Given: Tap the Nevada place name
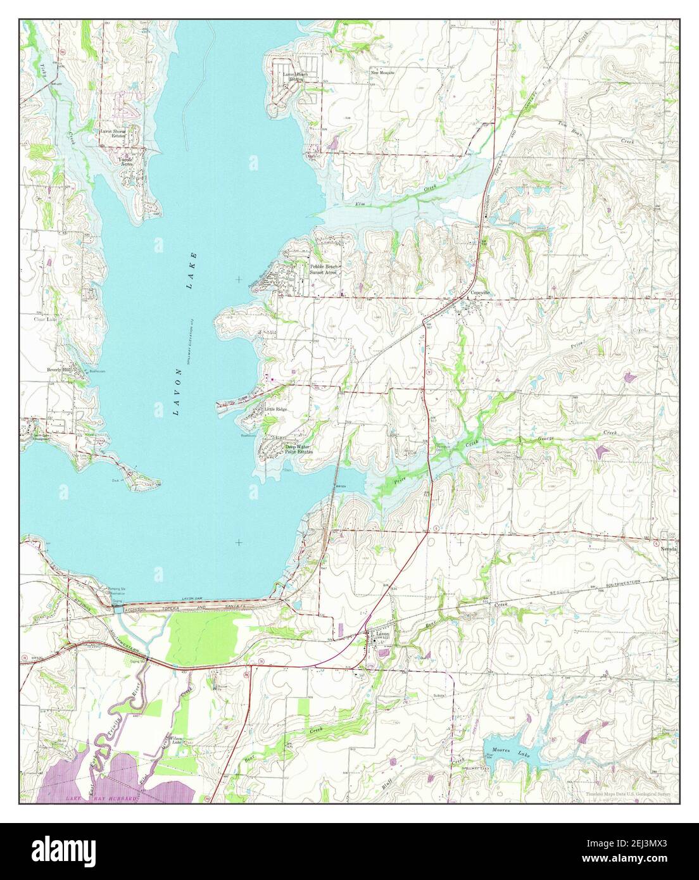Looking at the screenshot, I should pyautogui.click(x=670, y=550).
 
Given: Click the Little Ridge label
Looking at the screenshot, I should pyautogui.click(x=276, y=410).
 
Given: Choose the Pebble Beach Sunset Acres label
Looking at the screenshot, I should pyautogui.click(x=325, y=270).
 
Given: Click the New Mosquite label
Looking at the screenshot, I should pyautogui.click(x=382, y=73).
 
